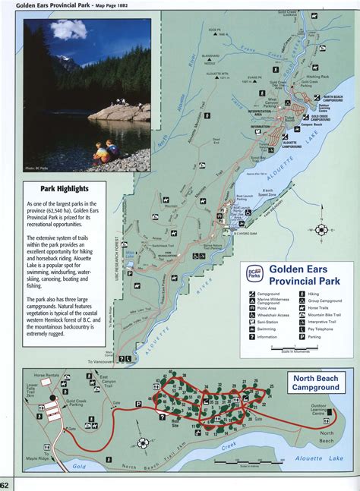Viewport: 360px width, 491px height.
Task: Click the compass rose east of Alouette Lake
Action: pos(322,229)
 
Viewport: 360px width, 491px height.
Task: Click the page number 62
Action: pos(5,484)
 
